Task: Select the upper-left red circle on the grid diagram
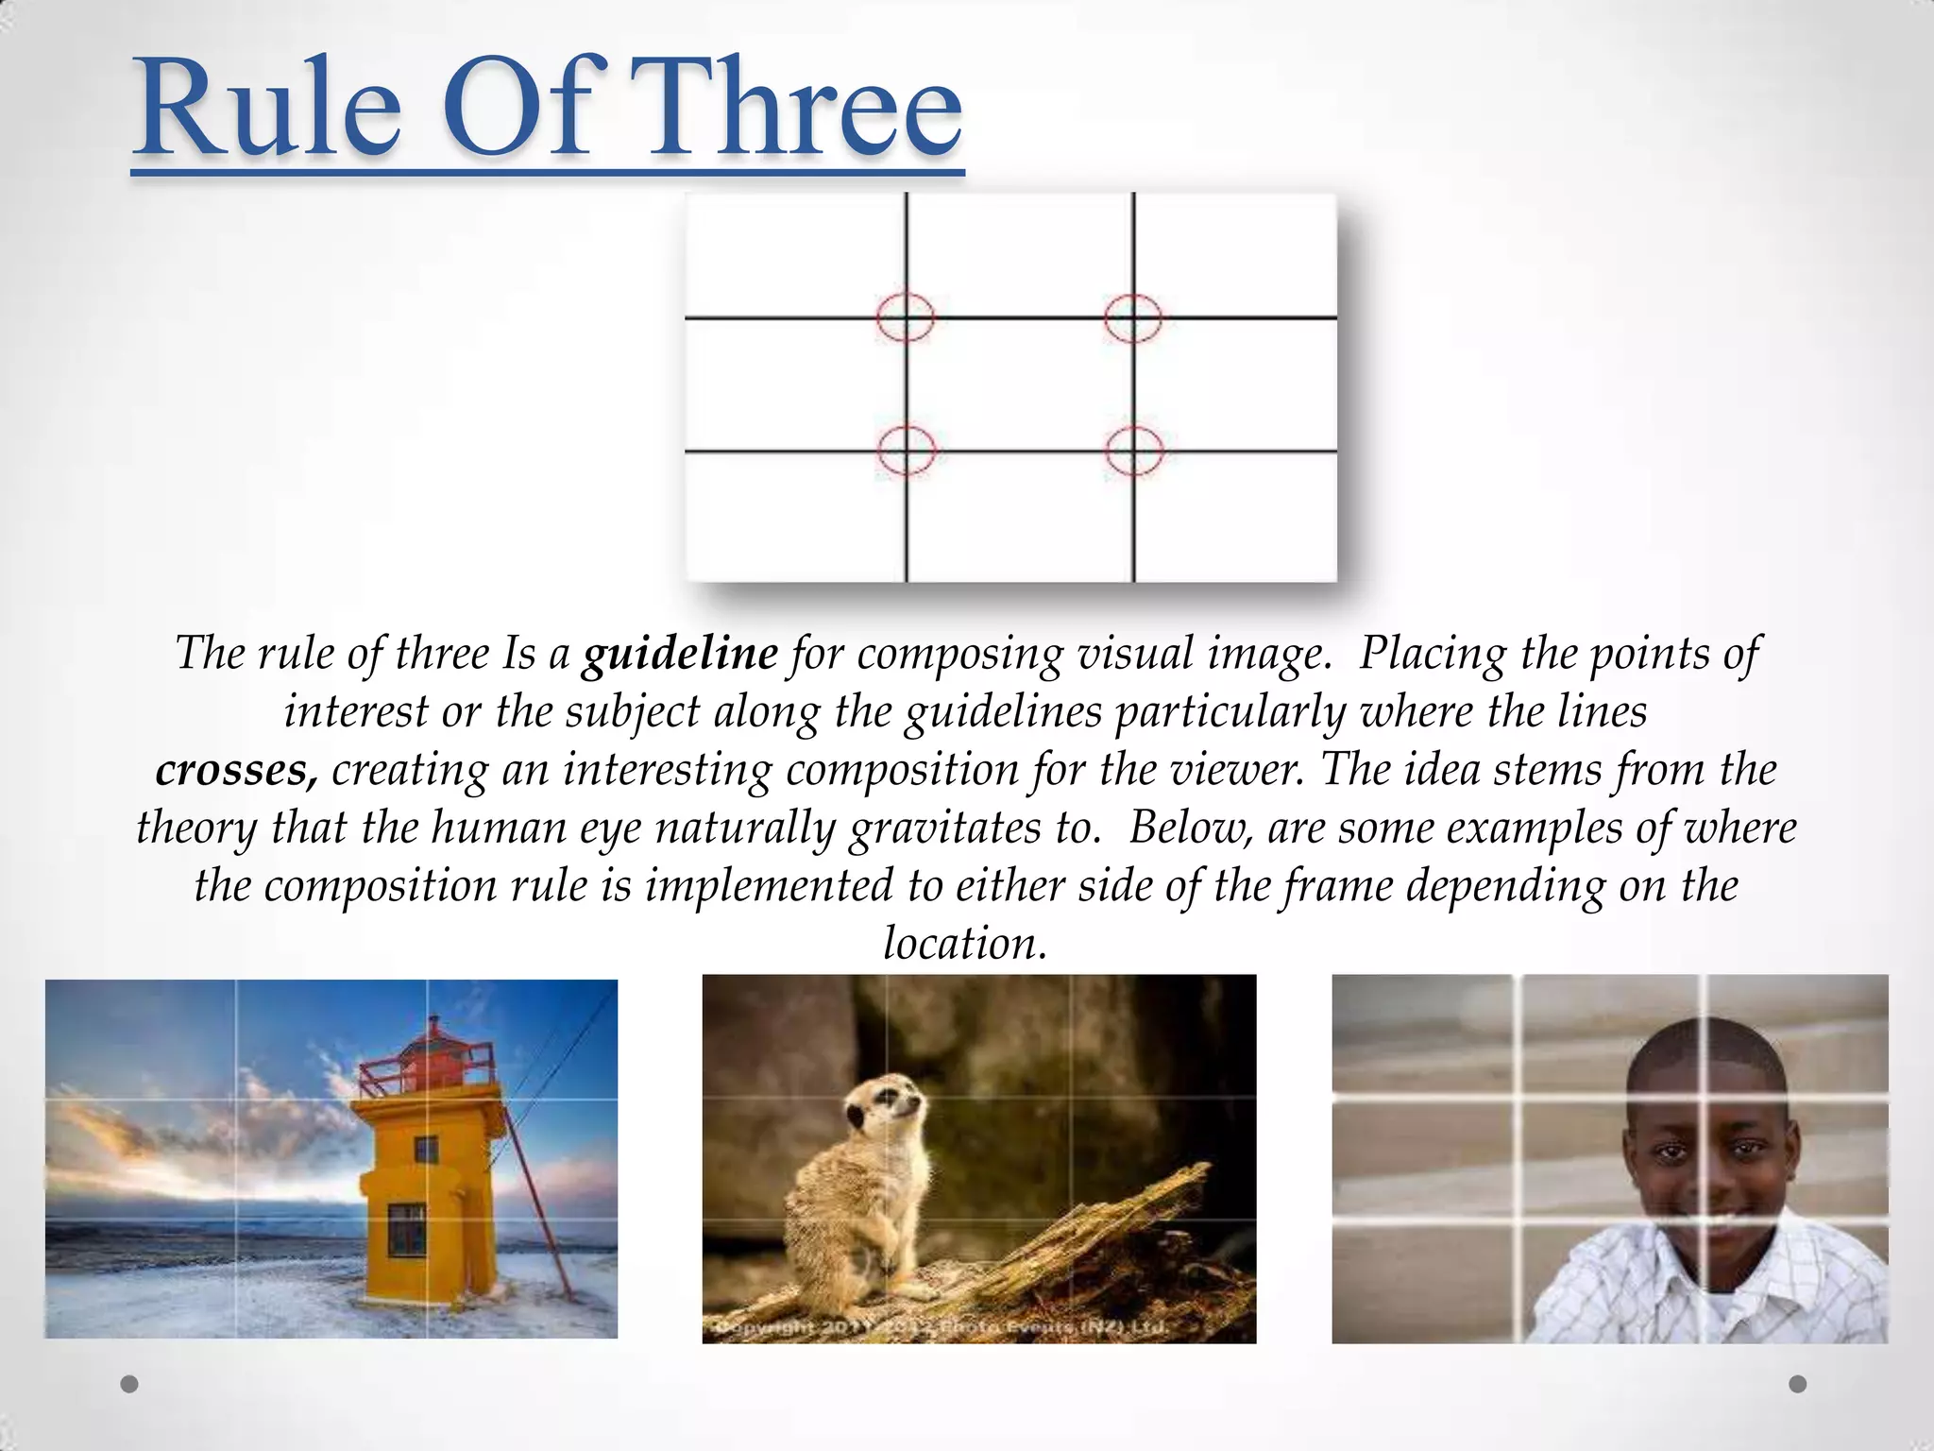click(x=906, y=316)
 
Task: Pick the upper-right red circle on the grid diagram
click(x=1133, y=316)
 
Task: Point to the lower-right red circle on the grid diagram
click(x=1133, y=451)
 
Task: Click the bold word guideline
click(x=680, y=653)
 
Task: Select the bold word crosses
click(x=236, y=770)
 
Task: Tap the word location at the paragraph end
click(x=965, y=943)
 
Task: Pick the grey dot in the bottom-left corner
click(x=130, y=1384)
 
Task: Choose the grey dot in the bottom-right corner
click(x=1798, y=1384)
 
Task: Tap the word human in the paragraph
click(x=498, y=828)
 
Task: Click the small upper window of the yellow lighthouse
click(x=427, y=1150)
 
